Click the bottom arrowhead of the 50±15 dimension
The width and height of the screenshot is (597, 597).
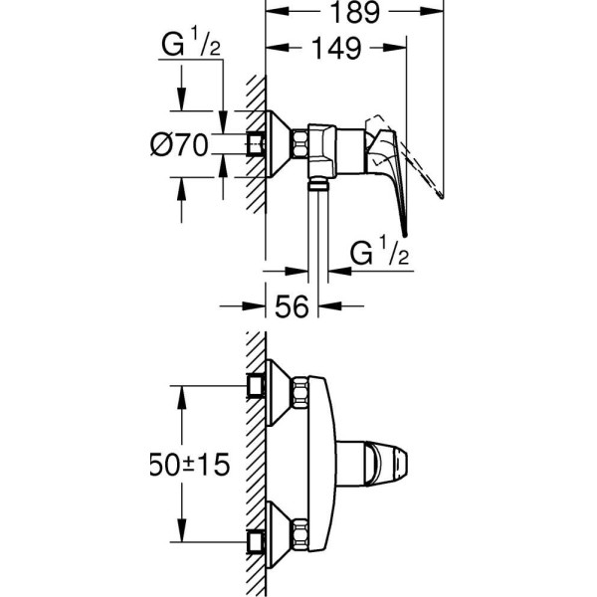(180, 537)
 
